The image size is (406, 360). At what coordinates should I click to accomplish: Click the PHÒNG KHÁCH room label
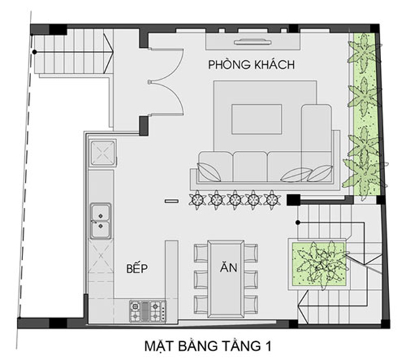[252, 64]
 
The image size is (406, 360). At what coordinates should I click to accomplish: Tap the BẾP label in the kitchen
[137, 269]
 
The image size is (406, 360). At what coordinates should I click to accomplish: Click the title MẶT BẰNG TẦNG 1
[208, 346]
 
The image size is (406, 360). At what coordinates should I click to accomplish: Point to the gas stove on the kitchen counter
[148, 311]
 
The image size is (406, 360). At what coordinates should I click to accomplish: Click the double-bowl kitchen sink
[100, 221]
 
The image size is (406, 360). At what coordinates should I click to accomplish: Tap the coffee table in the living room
[256, 119]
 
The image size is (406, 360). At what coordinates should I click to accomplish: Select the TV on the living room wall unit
[252, 42]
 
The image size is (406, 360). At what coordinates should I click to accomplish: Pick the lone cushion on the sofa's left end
[208, 172]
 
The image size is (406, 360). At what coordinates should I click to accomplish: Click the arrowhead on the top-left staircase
[108, 52]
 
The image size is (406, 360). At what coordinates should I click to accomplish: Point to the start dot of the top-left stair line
[35, 52]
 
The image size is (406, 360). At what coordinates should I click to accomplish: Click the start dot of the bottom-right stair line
[298, 222]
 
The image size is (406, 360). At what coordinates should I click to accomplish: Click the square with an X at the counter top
[103, 152]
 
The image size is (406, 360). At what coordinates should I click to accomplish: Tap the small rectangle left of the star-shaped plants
[172, 201]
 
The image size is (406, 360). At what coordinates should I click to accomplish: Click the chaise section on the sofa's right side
[317, 143]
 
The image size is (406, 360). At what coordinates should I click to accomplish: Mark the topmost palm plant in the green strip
[364, 53]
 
